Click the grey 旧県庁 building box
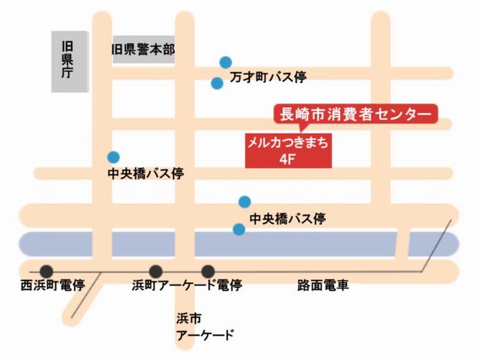[x=69, y=62]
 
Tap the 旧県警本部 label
[x=143, y=49]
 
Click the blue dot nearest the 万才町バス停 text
[x=217, y=83]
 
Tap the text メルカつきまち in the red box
[x=288, y=142]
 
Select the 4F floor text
[x=288, y=158]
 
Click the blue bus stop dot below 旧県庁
[x=113, y=157]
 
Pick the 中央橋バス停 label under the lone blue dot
[x=145, y=175]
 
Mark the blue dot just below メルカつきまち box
[x=244, y=201]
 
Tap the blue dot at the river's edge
[x=239, y=229]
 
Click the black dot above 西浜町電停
[x=47, y=271]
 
